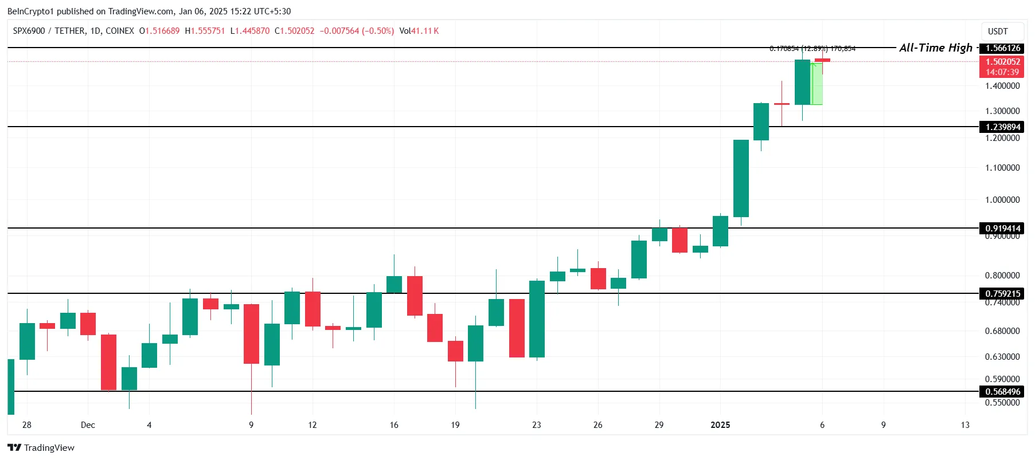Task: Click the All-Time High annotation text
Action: coord(935,48)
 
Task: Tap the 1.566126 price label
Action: coord(1002,48)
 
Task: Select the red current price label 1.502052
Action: coord(1002,62)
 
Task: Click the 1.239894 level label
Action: coord(1002,127)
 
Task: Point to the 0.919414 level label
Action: coord(1002,228)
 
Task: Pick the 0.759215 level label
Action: coord(1002,293)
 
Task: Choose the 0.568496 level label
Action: coord(1002,391)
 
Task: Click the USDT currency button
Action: coord(998,32)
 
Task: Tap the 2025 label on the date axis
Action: coord(720,425)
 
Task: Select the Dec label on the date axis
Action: coord(88,425)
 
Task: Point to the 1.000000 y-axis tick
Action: coord(1002,200)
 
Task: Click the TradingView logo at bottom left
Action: coord(41,448)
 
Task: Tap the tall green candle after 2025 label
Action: coord(741,178)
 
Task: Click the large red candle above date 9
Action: coord(251,333)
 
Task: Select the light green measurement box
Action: coord(817,83)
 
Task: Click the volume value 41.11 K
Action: coord(425,31)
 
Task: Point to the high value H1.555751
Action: coord(205,31)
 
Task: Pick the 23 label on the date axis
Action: coord(536,425)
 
